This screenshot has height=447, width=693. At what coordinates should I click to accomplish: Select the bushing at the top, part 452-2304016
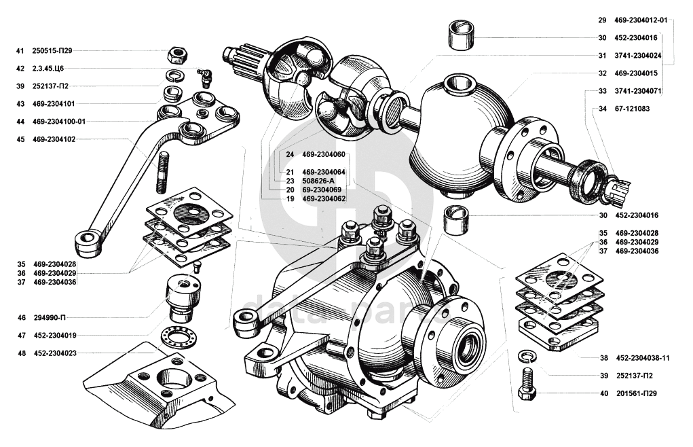pyautogui.click(x=461, y=35)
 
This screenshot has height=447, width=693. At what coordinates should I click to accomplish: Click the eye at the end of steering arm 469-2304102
pyautogui.click(x=86, y=238)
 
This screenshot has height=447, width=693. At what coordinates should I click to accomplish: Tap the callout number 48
pyautogui.click(x=20, y=353)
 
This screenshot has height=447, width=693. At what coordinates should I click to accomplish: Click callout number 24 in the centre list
pyautogui.click(x=290, y=154)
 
